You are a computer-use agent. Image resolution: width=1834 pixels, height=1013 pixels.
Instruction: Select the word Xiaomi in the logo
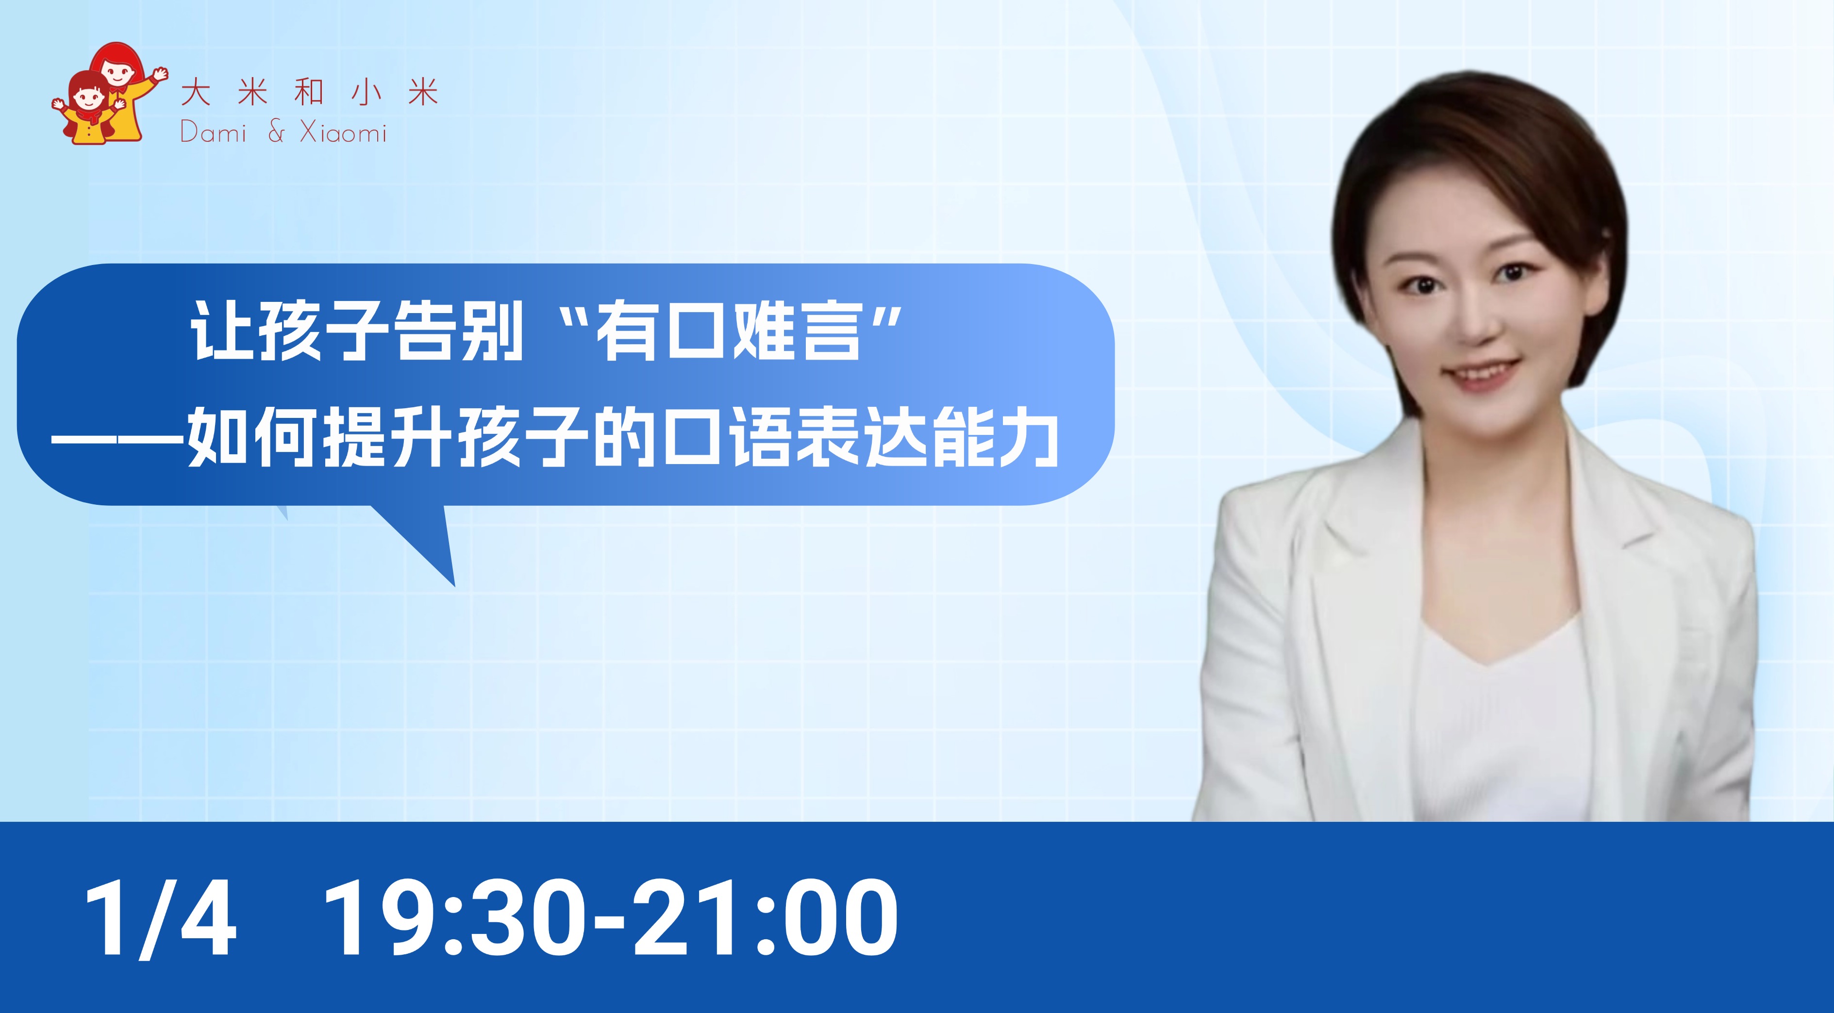343,133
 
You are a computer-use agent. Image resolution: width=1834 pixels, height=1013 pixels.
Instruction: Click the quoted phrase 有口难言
728,332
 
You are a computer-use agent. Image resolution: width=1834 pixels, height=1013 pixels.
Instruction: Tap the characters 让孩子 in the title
289,332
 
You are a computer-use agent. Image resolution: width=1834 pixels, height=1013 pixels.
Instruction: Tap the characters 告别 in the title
458,332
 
